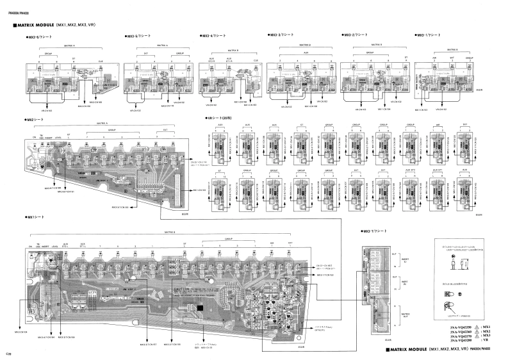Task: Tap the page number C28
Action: [9, 353]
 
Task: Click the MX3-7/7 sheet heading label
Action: [369, 229]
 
